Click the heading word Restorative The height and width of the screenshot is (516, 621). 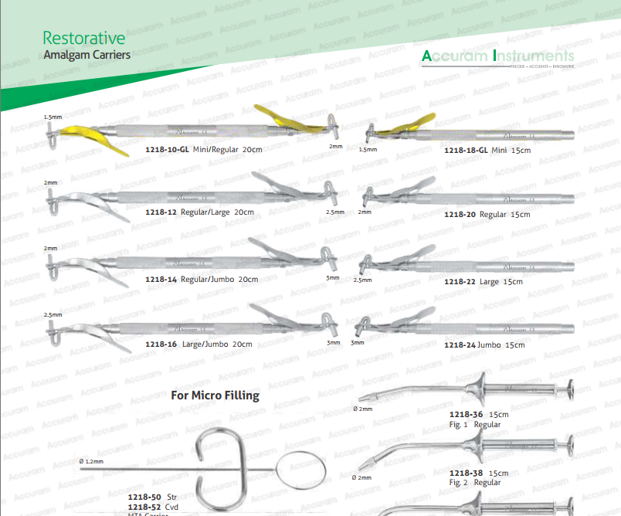84,38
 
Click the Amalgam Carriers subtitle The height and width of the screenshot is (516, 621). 87,56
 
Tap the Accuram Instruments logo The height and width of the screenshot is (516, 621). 498,56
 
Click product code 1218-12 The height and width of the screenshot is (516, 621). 161,212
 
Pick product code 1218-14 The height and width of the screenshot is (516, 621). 161,279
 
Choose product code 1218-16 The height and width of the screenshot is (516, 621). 161,344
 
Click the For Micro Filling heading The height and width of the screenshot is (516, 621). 215,395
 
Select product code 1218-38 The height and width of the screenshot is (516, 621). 466,473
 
